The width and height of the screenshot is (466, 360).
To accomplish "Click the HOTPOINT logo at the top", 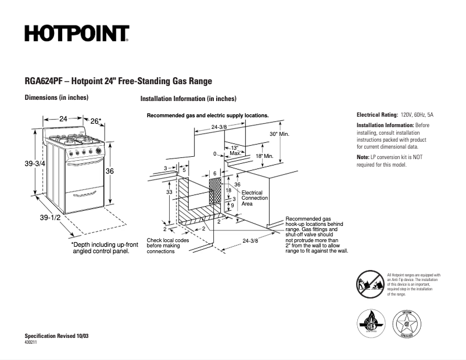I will [76, 34].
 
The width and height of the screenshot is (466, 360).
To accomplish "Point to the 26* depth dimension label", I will [96, 121].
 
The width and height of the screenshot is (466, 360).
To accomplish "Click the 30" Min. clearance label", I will [279, 134].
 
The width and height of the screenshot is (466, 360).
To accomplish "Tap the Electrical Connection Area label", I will [254, 198].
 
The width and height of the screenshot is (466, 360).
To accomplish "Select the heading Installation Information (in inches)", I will [188, 99].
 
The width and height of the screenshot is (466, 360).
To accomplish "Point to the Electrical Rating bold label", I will [377, 115].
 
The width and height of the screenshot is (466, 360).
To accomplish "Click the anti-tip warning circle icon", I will [369, 283].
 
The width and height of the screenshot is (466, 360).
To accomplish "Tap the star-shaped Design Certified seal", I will [406, 322].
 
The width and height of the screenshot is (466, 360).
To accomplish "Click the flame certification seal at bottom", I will [370, 322].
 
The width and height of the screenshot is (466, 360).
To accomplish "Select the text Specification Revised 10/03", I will [56, 336].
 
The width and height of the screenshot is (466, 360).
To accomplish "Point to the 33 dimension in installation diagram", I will [169, 191].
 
